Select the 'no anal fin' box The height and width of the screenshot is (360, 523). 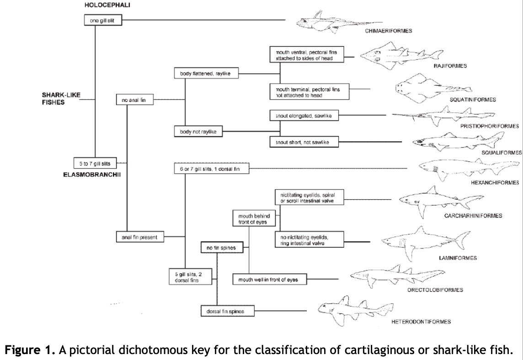coord(134,100)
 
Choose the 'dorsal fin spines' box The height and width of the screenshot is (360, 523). coord(227,311)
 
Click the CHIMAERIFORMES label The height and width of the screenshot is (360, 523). coord(388,31)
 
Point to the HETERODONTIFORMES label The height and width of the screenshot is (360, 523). coord(421,322)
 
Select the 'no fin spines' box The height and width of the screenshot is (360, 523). coord(221,248)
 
